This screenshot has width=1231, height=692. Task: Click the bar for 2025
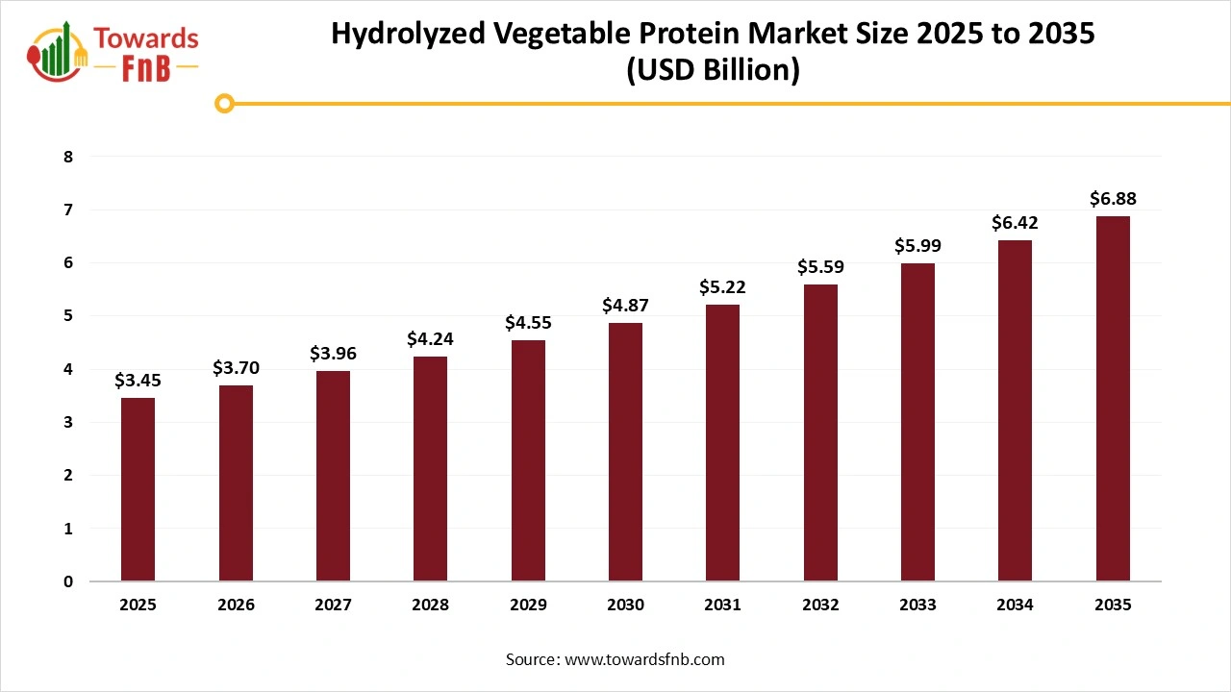pyautogui.click(x=138, y=489)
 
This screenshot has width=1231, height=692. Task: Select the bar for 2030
pyautogui.click(x=625, y=452)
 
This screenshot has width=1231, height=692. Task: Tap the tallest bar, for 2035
pyautogui.click(x=1113, y=399)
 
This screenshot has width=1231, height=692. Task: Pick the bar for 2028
pyautogui.click(x=430, y=468)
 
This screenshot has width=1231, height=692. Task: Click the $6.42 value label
pyautogui.click(x=1016, y=223)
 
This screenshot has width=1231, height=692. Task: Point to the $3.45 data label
pyautogui.click(x=138, y=381)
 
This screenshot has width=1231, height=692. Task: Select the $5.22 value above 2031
pyautogui.click(x=722, y=286)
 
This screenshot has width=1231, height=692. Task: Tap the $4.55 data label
pyautogui.click(x=528, y=323)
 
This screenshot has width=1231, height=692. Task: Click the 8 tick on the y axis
pyautogui.click(x=68, y=157)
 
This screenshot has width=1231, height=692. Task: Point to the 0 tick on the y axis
pyautogui.click(x=68, y=581)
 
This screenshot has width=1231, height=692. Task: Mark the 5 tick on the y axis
pyautogui.click(x=68, y=316)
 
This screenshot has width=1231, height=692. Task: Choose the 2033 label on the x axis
pyautogui.click(x=917, y=605)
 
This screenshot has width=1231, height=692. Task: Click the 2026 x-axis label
pyautogui.click(x=236, y=605)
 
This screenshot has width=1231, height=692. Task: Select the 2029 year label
pyautogui.click(x=528, y=605)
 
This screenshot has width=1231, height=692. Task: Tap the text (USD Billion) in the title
pyautogui.click(x=713, y=71)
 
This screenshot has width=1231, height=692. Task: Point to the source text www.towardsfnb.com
pyautogui.click(x=643, y=659)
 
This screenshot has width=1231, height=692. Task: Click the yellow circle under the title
pyautogui.click(x=224, y=103)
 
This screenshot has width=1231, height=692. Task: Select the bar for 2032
pyautogui.click(x=820, y=432)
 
